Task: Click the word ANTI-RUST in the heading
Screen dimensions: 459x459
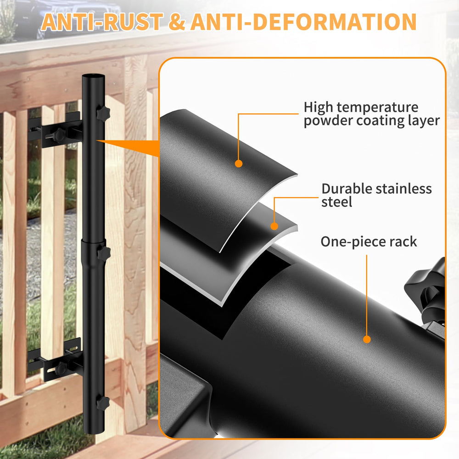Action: point(102,22)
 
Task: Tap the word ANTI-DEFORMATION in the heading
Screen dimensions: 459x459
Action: point(303,22)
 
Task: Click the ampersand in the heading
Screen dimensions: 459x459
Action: point(177,22)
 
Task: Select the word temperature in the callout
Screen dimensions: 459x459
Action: point(377,108)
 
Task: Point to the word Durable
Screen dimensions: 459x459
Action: point(346,189)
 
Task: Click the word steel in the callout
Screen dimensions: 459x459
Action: point(336,202)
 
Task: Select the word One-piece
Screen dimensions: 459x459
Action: point(353,242)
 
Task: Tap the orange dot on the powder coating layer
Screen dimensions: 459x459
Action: point(239,164)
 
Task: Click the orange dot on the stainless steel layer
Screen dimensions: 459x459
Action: point(274,226)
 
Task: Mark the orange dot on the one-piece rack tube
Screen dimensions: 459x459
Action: point(367,339)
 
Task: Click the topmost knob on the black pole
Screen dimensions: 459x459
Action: point(103,113)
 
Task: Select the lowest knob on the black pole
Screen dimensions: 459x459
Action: point(103,403)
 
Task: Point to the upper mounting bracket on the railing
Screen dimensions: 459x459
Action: point(55,130)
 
